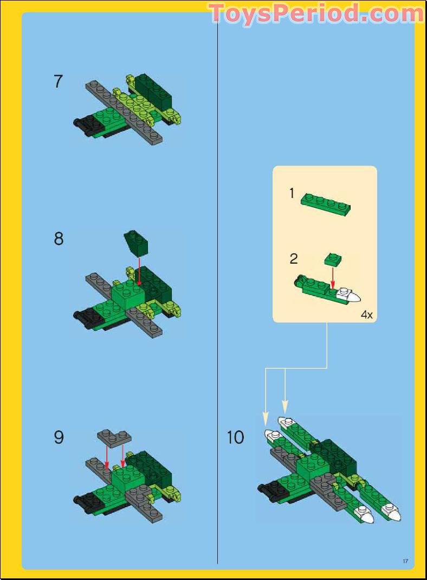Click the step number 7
(x=59, y=81)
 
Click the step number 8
(x=59, y=239)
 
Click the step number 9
(x=59, y=437)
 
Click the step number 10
(x=236, y=437)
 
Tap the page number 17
(x=405, y=561)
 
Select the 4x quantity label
(x=366, y=315)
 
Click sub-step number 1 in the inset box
(x=292, y=193)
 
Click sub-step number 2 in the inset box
(x=293, y=258)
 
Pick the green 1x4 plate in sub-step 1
(x=326, y=202)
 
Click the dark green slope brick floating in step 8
(x=135, y=241)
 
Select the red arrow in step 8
(x=139, y=271)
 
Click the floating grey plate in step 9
(x=114, y=437)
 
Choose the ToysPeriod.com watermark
(x=316, y=13)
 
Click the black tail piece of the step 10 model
(x=269, y=489)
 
